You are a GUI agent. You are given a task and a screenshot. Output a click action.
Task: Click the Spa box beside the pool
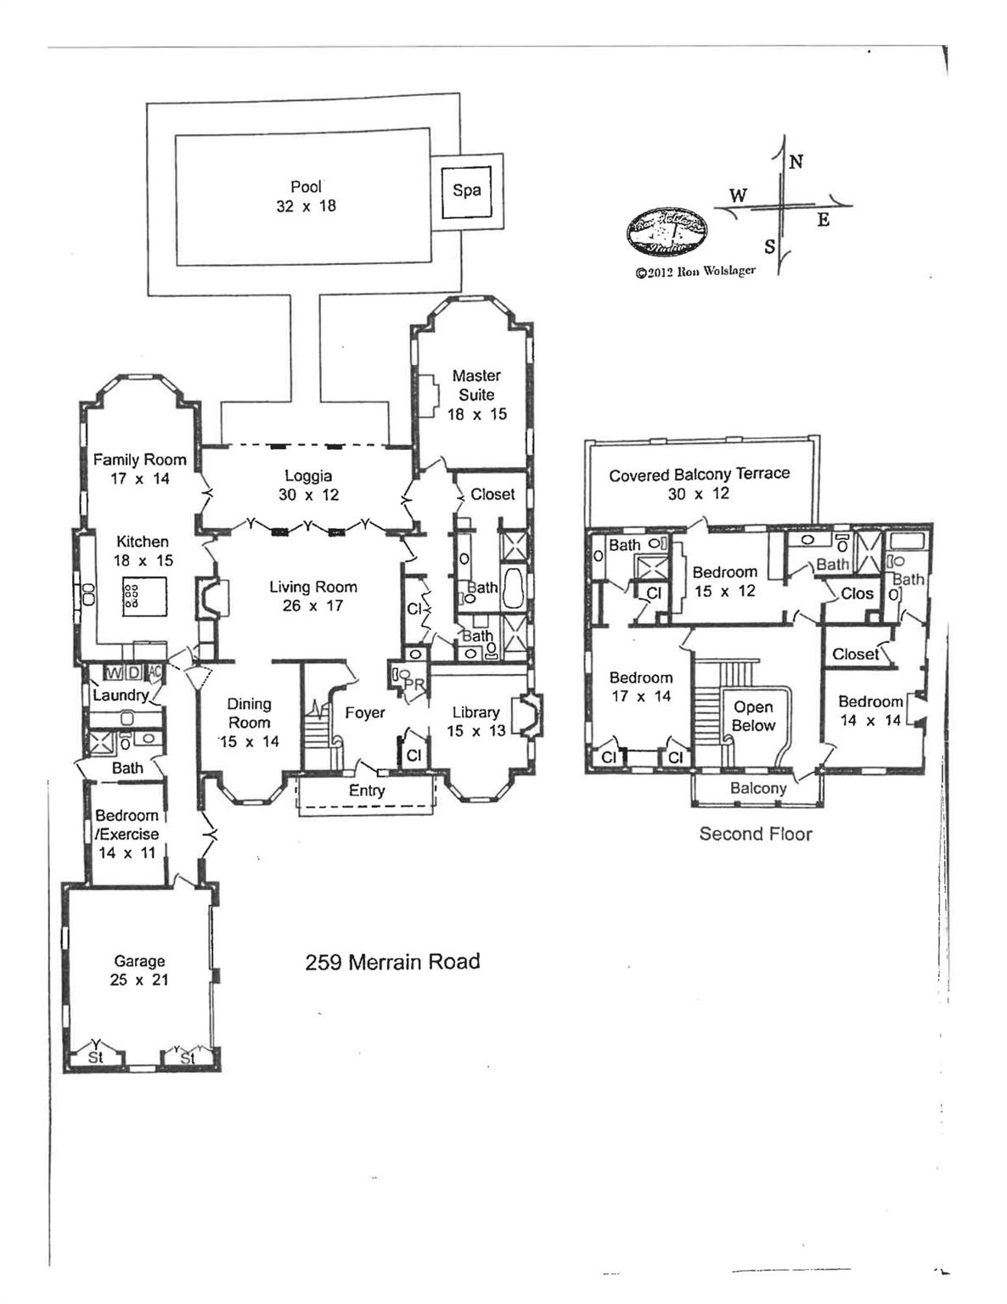(x=466, y=190)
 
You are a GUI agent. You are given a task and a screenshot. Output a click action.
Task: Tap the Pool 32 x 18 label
(x=306, y=196)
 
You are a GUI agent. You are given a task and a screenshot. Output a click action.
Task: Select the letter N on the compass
(x=796, y=161)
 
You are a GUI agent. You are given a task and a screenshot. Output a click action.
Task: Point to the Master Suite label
(x=476, y=394)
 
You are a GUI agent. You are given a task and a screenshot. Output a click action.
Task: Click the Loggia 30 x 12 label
(x=308, y=485)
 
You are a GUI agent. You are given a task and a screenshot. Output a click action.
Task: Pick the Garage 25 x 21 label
(x=139, y=970)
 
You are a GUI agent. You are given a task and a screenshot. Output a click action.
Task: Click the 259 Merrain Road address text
(x=392, y=962)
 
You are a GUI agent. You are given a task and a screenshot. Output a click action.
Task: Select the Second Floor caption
(x=755, y=834)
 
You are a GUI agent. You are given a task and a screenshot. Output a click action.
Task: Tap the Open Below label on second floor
(x=753, y=716)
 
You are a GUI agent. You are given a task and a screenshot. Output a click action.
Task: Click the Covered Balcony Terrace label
(x=699, y=483)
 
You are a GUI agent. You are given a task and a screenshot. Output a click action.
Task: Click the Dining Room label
(x=249, y=722)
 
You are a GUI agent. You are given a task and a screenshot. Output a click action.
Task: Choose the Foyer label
(x=365, y=713)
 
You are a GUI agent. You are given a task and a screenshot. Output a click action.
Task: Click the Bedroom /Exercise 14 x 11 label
(x=127, y=834)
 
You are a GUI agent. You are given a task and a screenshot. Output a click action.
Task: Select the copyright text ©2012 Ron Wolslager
(x=695, y=273)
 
